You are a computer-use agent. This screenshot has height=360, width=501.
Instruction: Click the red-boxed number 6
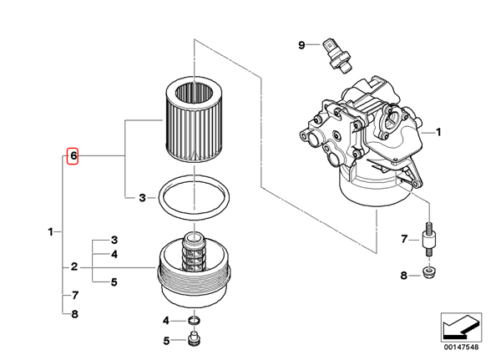(73, 156)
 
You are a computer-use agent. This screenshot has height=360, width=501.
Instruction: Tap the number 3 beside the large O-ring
(141, 198)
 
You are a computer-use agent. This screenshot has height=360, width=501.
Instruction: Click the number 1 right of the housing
(437, 132)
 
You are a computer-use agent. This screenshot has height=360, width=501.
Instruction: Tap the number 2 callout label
(74, 267)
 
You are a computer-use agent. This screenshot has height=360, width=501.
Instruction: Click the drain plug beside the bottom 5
(195, 340)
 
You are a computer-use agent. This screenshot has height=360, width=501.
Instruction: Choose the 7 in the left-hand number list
(74, 296)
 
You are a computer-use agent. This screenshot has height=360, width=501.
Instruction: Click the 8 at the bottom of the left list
(74, 314)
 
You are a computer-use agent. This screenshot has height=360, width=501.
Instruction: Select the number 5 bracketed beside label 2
(114, 282)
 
